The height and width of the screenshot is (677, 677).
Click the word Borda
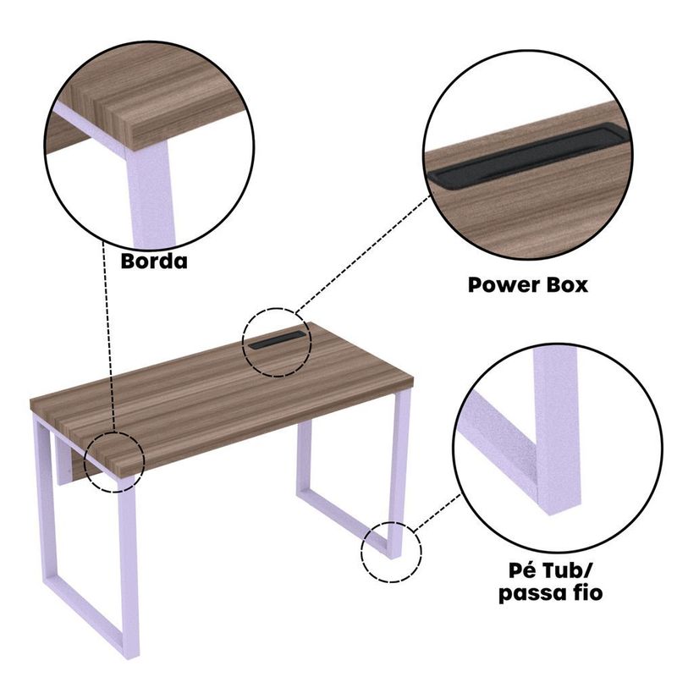154,261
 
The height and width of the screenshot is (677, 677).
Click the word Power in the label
497,285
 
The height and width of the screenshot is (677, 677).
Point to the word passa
528,593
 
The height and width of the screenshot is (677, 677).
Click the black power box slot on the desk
277,340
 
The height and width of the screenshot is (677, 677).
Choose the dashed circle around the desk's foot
361,552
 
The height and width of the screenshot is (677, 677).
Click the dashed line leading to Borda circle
108,336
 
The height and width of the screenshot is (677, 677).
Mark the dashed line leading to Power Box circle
363,253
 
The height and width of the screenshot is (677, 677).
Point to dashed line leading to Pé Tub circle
437,514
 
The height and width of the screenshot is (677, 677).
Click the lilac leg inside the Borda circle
151,195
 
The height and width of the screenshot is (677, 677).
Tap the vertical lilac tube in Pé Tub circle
557,432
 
